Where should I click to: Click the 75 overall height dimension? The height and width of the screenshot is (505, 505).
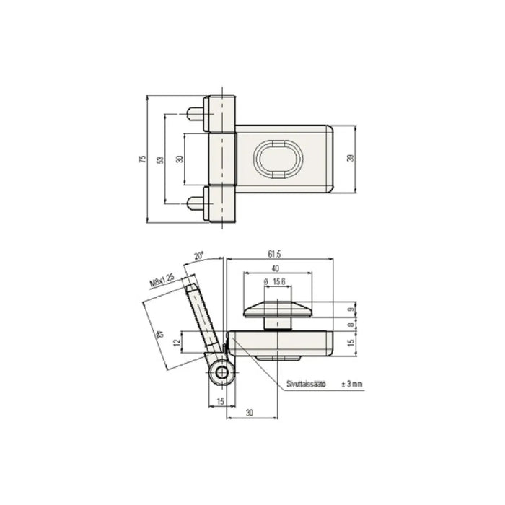[x=141, y=159]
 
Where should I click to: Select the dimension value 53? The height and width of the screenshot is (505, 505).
[x=159, y=159]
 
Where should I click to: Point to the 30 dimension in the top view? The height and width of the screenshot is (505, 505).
[x=179, y=159]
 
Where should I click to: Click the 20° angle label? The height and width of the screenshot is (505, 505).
[x=199, y=255]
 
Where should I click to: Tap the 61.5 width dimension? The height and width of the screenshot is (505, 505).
[x=274, y=254]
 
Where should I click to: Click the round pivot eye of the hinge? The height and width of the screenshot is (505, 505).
[x=221, y=374]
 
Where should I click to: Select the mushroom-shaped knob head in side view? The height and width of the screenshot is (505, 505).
[x=278, y=309]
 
